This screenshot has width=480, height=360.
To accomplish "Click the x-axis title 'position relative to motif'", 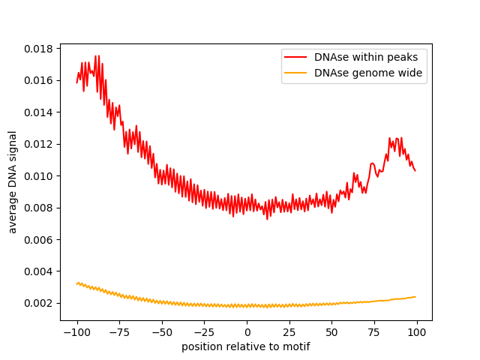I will tap(246, 346).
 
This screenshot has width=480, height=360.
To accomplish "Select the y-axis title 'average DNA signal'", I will tap(13, 182).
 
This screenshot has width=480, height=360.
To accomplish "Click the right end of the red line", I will tap(415, 170).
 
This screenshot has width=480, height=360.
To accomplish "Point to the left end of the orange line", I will tap(76, 283).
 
